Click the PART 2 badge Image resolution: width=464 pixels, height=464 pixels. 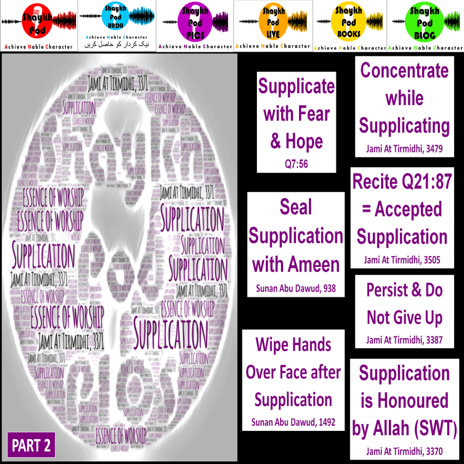pyautogui.click(x=31, y=445)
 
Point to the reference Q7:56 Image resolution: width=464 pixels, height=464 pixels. pyautogui.click(x=296, y=164)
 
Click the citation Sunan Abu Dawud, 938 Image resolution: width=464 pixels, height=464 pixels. pyautogui.click(x=296, y=288)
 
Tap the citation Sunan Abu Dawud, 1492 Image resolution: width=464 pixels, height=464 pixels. pyautogui.click(x=293, y=422)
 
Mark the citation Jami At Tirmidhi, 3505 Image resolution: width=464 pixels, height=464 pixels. pyautogui.click(x=402, y=260)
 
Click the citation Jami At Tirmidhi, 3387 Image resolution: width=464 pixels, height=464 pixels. pyautogui.click(x=404, y=339)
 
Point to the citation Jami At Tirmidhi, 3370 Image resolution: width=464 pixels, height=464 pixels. pyautogui.click(x=404, y=451)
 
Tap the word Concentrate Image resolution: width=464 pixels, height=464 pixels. pyautogui.click(x=405, y=71)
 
